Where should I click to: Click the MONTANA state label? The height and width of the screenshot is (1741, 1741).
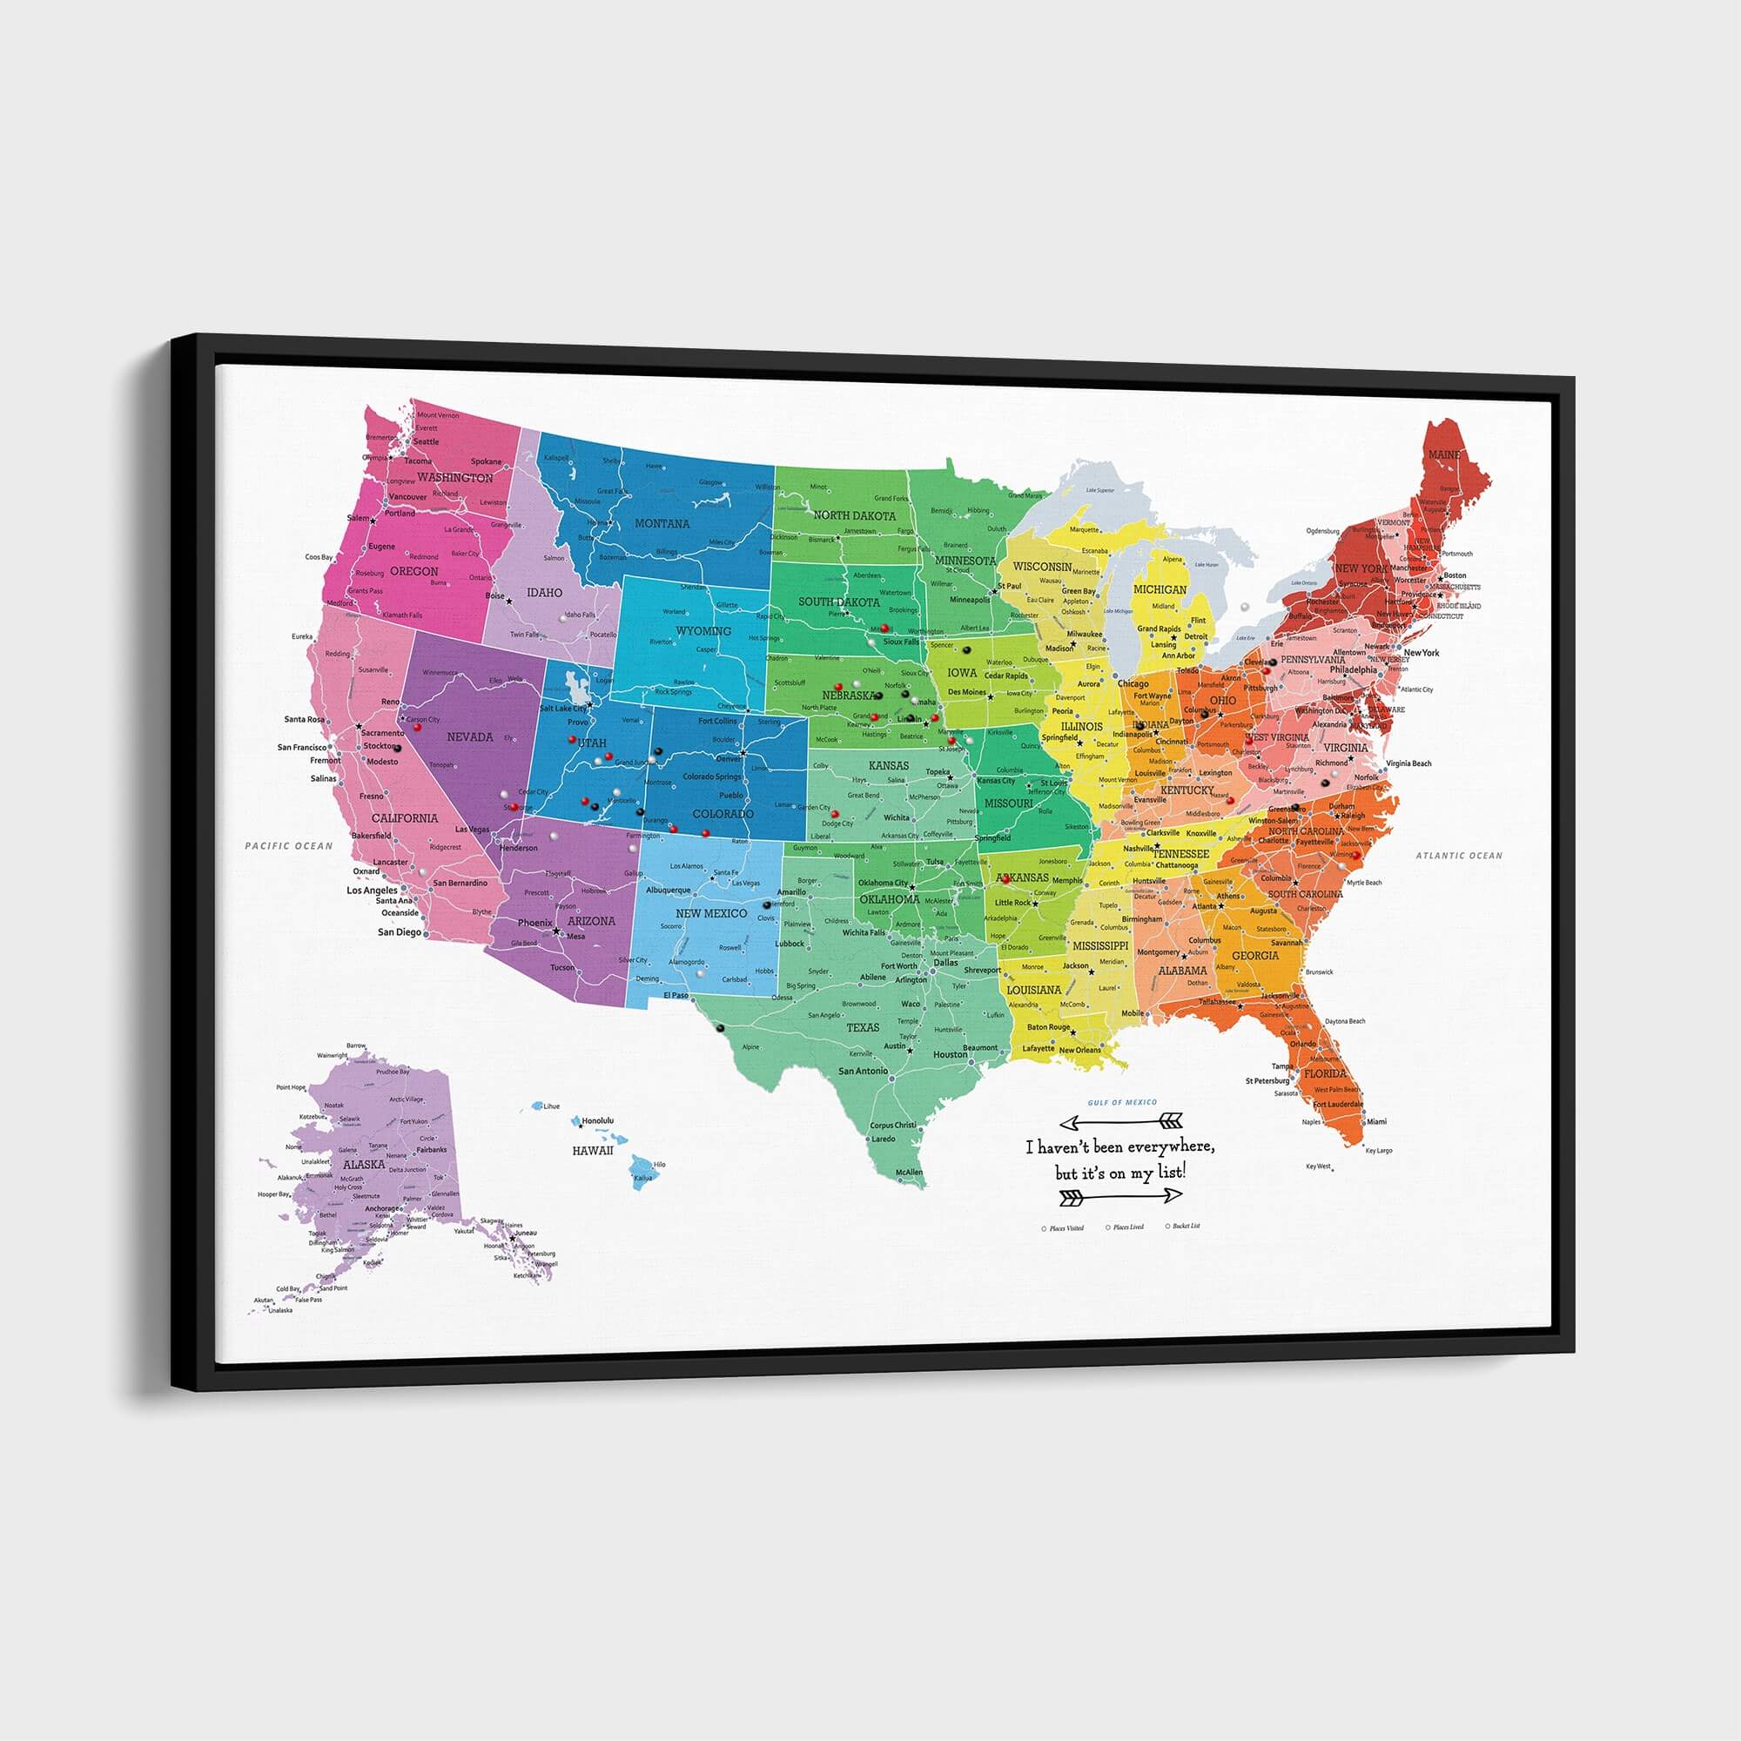tap(662, 523)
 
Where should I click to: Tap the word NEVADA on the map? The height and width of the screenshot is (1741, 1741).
tap(469, 737)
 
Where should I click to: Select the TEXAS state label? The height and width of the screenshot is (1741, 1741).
tap(863, 1027)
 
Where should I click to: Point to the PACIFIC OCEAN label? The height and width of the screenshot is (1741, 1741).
tap(288, 846)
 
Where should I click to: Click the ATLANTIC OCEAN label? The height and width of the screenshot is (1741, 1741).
tap(1459, 855)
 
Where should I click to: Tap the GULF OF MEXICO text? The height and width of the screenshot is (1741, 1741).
tap(1122, 1102)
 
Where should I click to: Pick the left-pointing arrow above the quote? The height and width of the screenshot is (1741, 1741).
tap(1121, 1122)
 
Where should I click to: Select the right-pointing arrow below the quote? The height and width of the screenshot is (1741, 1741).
tap(1121, 1196)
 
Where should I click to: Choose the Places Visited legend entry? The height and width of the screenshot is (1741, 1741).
tap(1066, 1228)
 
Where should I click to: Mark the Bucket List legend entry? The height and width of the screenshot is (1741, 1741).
tap(1186, 1227)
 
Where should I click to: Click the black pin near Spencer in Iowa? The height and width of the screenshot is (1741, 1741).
tap(966, 649)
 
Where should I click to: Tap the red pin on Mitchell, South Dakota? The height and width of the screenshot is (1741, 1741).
tap(885, 629)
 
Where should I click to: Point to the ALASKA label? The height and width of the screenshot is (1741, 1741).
tap(363, 1164)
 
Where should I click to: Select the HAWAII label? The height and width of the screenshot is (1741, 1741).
tap(592, 1151)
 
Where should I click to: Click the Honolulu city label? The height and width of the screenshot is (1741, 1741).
tap(596, 1121)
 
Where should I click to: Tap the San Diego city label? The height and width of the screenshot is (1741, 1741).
tap(399, 931)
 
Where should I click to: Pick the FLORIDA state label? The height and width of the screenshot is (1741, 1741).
tap(1325, 1074)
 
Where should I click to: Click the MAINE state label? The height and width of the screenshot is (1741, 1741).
tap(1443, 455)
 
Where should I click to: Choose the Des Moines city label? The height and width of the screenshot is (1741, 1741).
tap(966, 692)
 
